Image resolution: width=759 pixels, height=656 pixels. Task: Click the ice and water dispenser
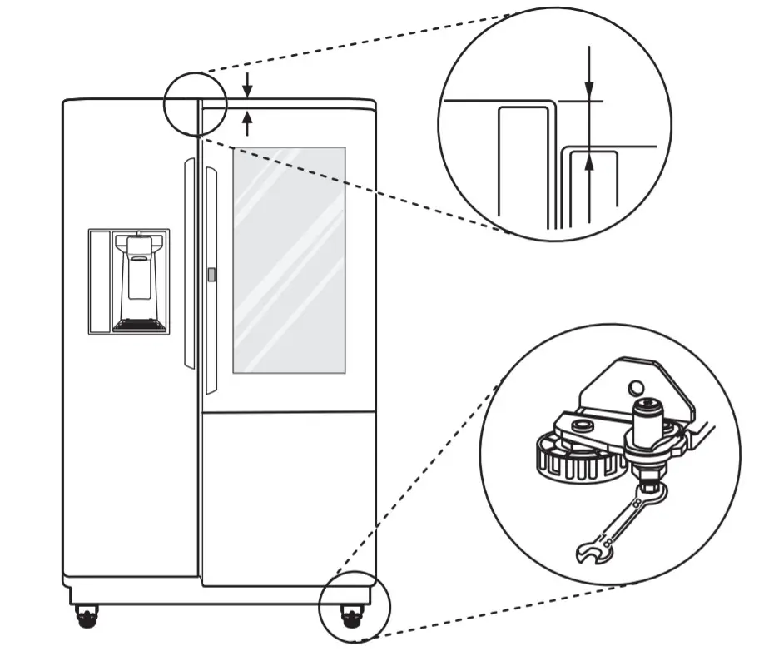pyautogui.click(x=129, y=281)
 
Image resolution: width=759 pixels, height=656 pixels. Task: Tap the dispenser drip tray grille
pyautogui.click(x=139, y=326)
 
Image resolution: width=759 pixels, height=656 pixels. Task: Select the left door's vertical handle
pyautogui.click(x=189, y=263)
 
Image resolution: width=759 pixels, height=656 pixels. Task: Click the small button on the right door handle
pyautogui.click(x=211, y=274)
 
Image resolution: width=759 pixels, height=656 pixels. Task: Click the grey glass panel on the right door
pyautogui.click(x=288, y=260)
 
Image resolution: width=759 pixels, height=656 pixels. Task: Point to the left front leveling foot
pyautogui.click(x=86, y=617)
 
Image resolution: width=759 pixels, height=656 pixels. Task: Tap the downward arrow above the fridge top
pyautogui.click(x=247, y=84)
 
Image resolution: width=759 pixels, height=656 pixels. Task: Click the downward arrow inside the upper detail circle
pyautogui.click(x=588, y=79)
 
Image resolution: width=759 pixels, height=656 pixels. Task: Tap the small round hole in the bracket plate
pyautogui.click(x=636, y=386)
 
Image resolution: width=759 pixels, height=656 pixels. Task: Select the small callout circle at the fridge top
pyautogui.click(x=195, y=103)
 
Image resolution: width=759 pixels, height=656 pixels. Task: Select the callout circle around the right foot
pyautogui.click(x=355, y=607)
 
